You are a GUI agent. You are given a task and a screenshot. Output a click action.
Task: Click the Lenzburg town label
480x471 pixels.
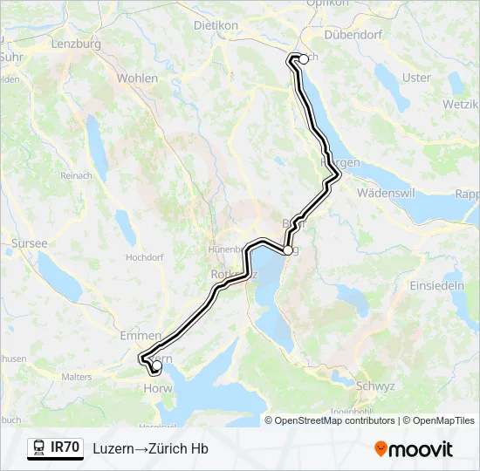(x=77, y=44)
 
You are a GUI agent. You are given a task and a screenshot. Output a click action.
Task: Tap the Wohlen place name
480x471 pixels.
(x=138, y=78)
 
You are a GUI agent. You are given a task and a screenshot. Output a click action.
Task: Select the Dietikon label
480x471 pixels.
(x=216, y=26)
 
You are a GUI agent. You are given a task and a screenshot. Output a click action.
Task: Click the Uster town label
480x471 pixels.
(x=417, y=78)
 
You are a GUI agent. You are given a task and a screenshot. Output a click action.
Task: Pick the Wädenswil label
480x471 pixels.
(x=389, y=192)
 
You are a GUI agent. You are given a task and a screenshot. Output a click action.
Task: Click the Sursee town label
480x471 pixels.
(x=30, y=244)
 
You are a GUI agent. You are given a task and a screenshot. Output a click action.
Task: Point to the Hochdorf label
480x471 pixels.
(x=145, y=258)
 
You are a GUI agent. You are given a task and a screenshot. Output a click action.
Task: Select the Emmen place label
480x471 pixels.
(x=141, y=335)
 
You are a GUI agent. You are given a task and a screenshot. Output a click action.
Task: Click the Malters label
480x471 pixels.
(x=77, y=377)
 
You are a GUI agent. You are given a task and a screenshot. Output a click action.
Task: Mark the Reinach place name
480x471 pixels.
(x=76, y=175)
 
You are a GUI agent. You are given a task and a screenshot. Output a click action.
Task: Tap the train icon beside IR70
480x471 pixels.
(x=39, y=447)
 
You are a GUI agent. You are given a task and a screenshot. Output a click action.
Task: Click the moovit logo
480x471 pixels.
(x=414, y=448)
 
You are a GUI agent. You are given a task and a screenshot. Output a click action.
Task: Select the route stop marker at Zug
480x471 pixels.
(x=287, y=250)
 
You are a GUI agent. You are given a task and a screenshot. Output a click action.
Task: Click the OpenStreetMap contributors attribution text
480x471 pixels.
(x=334, y=420)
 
